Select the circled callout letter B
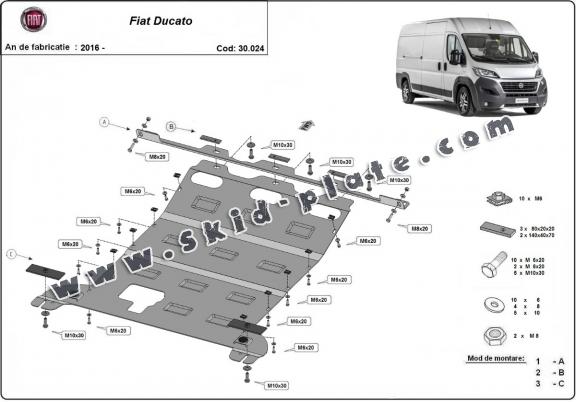coord(171,127)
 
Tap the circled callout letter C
coord(11,254)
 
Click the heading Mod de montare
coord(487,356)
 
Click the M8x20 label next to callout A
coord(157,157)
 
